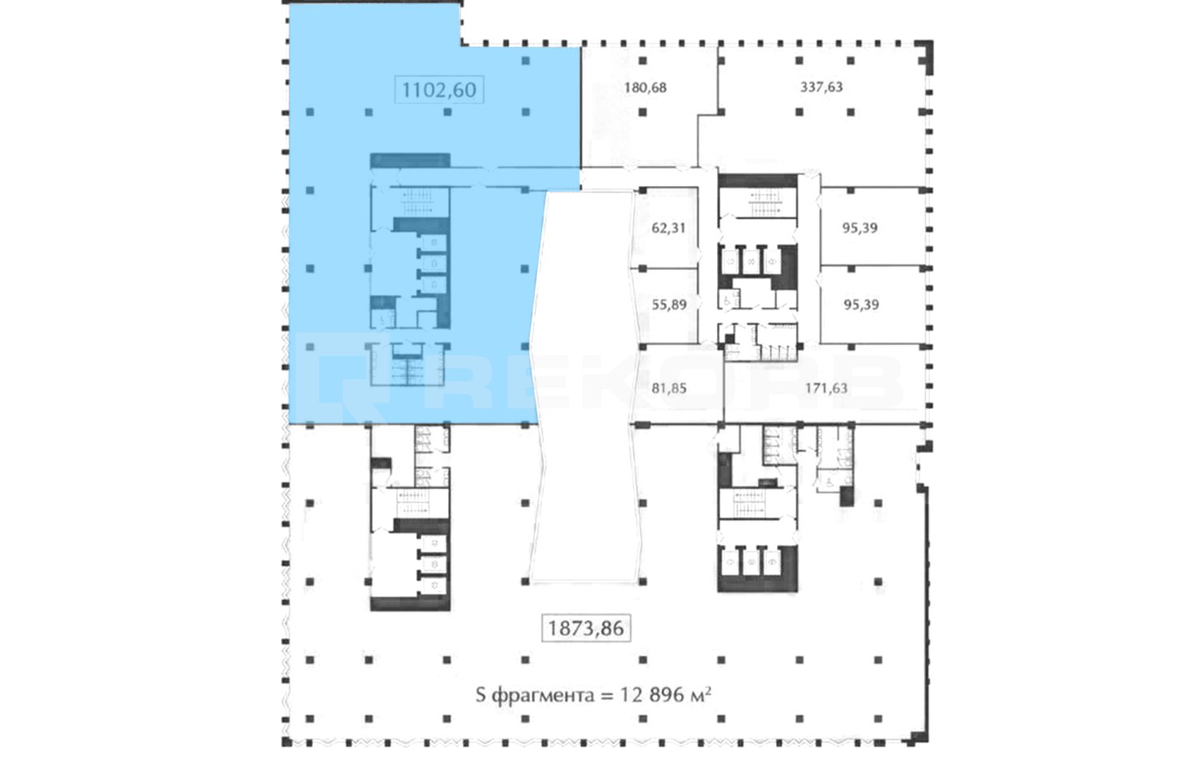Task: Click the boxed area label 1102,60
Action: point(439,89)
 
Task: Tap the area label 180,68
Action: point(645,87)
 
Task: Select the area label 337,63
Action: point(821,86)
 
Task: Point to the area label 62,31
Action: point(668,228)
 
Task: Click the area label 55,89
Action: point(669,304)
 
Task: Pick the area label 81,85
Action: point(668,388)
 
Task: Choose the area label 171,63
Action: point(826,387)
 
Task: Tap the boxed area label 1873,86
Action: point(586,628)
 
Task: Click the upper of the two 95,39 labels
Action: point(859,228)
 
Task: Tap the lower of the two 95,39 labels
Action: point(861,304)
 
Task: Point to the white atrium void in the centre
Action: point(586,386)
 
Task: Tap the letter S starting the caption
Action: point(480,695)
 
